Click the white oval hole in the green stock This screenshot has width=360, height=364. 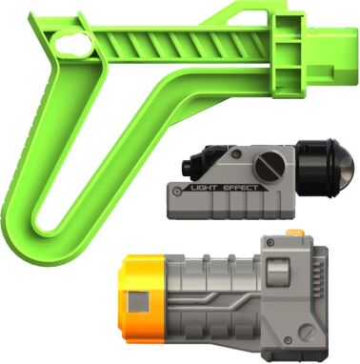pos(73,45)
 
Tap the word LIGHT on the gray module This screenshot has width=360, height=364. pos(204,188)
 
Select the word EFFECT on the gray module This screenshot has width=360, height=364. pos(240,188)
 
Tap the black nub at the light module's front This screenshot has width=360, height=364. pos(187,166)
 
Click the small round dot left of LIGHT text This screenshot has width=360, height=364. pos(176,192)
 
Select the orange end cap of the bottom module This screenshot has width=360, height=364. pos(142,298)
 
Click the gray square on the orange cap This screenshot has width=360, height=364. pos(138,301)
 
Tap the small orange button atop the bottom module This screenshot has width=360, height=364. pos(295,233)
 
